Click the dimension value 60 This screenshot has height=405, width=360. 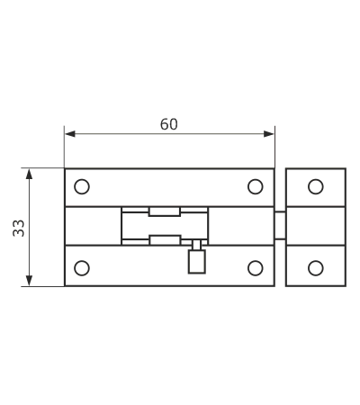169,124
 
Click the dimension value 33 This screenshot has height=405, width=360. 19,229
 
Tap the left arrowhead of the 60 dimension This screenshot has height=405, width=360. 70,134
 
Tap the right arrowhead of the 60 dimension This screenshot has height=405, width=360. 269,134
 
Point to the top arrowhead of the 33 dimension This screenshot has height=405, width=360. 29,174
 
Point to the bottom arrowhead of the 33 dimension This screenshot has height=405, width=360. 29,281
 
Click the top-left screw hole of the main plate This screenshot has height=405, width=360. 82,186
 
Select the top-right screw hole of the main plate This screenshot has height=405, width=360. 256,186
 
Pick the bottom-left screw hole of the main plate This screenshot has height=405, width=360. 82,268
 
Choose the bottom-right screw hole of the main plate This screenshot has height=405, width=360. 256,268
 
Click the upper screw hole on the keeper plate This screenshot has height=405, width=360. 316,186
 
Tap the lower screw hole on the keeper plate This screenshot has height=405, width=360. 316,268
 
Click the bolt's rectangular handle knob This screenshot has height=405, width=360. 197,262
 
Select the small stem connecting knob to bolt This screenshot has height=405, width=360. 197,245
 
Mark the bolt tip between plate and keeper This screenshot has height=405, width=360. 280,225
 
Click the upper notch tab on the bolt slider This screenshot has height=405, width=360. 165,211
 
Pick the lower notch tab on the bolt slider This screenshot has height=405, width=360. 165,240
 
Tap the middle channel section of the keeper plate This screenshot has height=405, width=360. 316,226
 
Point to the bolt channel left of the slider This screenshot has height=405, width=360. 94,226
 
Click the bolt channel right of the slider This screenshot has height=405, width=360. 241,226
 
